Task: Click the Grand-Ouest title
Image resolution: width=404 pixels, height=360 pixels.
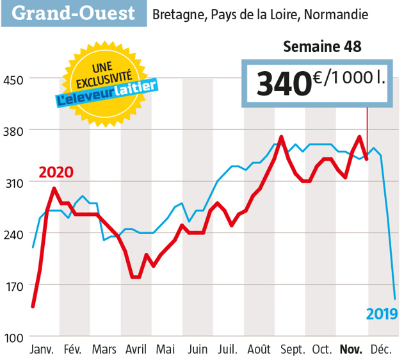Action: point(74,13)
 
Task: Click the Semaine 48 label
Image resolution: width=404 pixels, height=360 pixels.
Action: point(322,47)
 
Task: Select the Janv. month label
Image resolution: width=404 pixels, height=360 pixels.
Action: point(43,350)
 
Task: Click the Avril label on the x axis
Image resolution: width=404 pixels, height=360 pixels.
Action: point(136,350)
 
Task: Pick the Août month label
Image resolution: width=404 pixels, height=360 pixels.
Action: point(258,350)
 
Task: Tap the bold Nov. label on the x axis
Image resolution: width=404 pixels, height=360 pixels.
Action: point(352,350)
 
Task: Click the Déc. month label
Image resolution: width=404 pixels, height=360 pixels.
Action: point(383,350)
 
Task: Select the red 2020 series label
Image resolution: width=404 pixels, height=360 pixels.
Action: point(56,172)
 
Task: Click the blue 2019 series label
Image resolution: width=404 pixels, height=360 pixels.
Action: point(382,314)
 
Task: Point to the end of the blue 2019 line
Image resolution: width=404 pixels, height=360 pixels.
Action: point(394,299)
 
